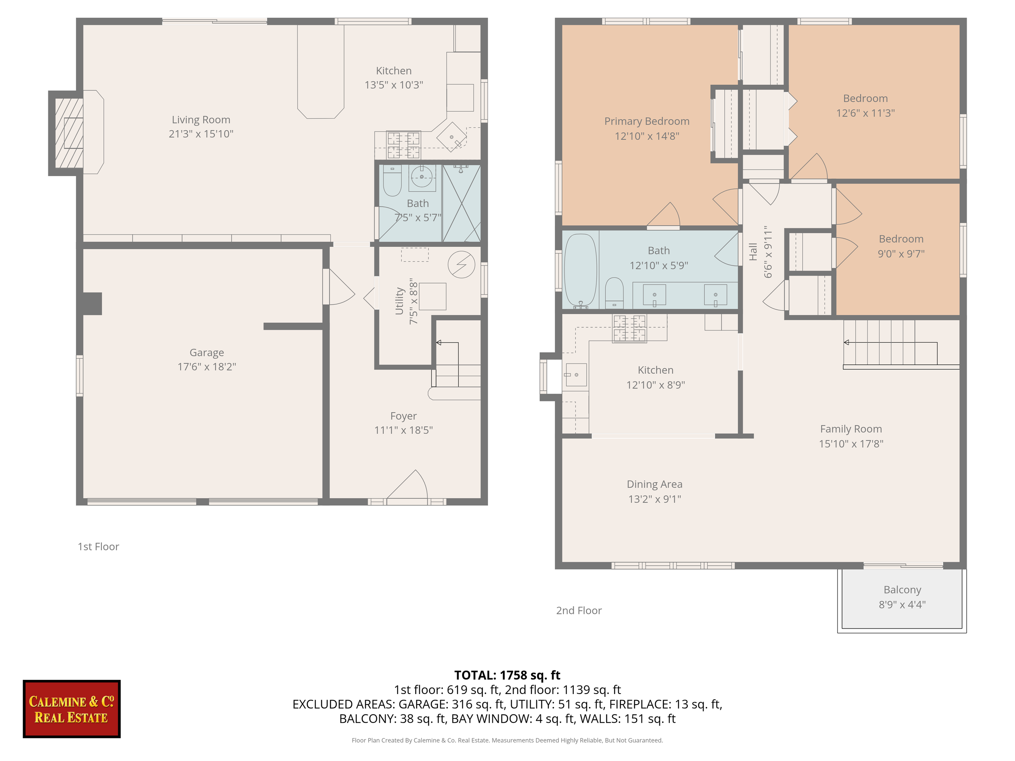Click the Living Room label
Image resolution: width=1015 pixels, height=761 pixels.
(201, 120)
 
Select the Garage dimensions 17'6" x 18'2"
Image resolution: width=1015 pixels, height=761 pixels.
(207, 366)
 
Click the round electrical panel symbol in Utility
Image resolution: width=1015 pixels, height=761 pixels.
(461, 265)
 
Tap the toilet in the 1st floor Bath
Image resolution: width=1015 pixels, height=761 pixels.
(392, 181)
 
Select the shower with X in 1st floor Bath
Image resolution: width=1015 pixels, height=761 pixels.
(461, 203)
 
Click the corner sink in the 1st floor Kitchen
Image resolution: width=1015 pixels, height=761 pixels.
(451, 137)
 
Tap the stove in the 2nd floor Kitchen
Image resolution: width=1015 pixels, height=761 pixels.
(629, 328)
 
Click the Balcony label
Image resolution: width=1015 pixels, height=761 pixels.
(902, 589)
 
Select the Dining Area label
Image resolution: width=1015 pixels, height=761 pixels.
(654, 484)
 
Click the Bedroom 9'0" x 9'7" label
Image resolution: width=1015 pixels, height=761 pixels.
(901, 239)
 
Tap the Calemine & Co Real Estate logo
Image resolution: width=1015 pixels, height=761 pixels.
(71, 709)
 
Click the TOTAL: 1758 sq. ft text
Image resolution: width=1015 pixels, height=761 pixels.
(507, 675)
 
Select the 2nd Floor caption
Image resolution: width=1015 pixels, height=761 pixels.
(579, 610)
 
